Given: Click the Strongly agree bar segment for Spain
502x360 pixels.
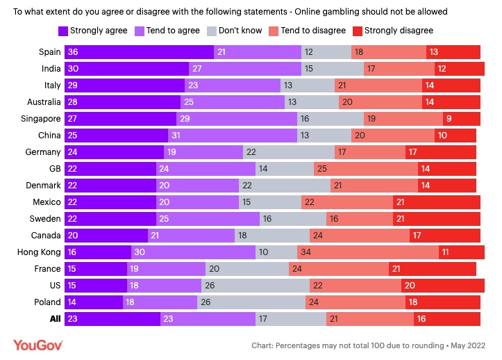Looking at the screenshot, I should coord(139,52).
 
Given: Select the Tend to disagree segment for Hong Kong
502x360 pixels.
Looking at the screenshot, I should coord(368,252).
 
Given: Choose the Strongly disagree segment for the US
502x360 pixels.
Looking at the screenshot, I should coord(442,286).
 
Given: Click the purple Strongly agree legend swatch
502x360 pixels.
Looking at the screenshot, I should coord(63,31).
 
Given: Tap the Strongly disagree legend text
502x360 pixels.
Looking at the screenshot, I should coord(399,31).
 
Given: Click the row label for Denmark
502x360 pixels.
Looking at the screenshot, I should coord(44,186).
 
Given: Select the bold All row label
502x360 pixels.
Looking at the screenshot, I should coord(54,319).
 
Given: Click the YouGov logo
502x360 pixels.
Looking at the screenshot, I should coord(38,345).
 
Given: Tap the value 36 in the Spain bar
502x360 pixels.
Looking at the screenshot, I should coord(72,52).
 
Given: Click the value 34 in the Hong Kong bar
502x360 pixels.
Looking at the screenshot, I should coord(304,252).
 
